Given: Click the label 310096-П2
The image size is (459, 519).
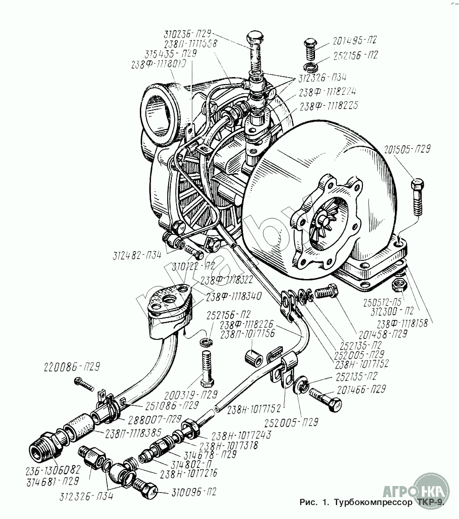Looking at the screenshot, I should (x=188, y=491).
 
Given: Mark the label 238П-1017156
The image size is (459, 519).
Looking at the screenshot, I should (x=248, y=333).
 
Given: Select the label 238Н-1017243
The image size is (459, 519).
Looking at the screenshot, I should (x=241, y=435).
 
